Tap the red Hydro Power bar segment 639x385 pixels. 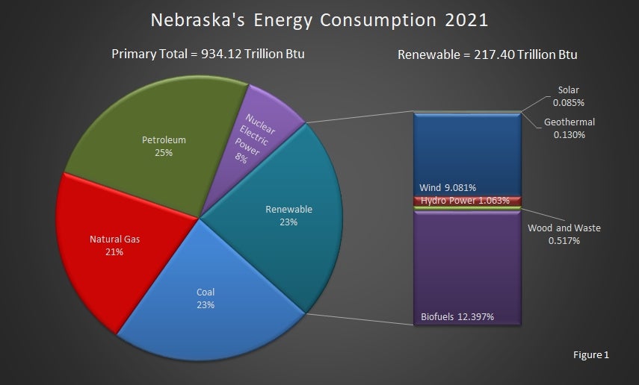tap(467, 201)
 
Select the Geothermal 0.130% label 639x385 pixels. tap(569, 128)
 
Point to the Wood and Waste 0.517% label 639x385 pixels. tap(564, 234)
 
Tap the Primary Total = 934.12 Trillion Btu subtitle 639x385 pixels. tap(208, 54)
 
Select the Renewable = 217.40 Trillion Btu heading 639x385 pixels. tap(487, 54)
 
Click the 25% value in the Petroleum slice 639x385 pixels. tap(164, 152)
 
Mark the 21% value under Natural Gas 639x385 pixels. tap(114, 252)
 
